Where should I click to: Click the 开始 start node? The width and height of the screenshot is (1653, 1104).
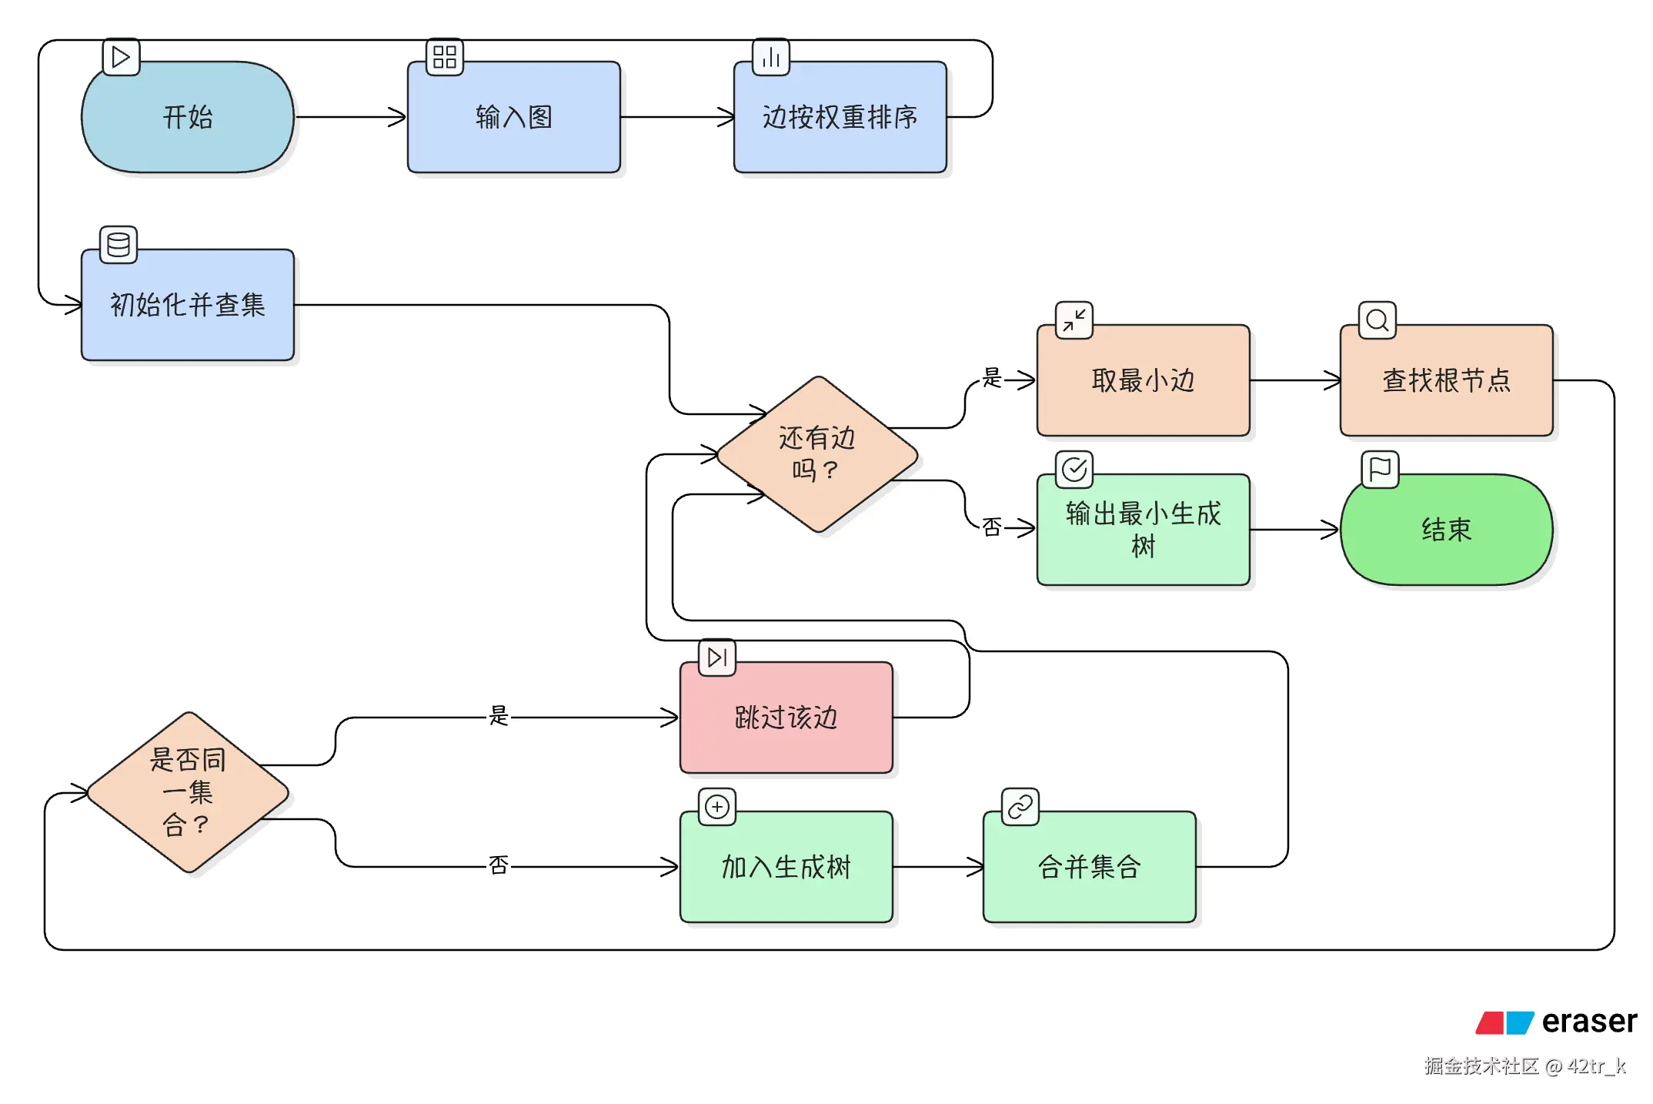click(x=187, y=117)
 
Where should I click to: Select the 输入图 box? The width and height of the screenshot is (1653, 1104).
click(x=513, y=117)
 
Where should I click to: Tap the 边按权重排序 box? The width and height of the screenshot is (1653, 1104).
click(x=840, y=117)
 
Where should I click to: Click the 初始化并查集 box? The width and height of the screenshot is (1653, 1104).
click(x=187, y=305)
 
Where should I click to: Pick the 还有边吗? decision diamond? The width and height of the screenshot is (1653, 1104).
click(x=816, y=454)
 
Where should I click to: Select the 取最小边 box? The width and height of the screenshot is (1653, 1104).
click(x=1143, y=380)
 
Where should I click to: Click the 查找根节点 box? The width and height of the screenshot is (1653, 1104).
click(x=1446, y=380)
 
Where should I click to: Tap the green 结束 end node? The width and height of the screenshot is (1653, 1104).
click(x=1446, y=530)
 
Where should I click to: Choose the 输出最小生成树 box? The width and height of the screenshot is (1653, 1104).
click(x=1143, y=530)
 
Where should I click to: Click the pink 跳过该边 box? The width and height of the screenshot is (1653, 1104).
click(x=786, y=718)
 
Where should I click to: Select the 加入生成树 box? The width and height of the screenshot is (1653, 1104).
click(x=786, y=867)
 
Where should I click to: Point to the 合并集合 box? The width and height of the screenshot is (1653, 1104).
click(x=1089, y=867)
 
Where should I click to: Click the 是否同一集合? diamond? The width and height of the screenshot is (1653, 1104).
click(x=187, y=792)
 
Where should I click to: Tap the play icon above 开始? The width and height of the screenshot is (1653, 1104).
click(x=121, y=57)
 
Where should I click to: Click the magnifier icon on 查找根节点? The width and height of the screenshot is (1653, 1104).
click(x=1377, y=320)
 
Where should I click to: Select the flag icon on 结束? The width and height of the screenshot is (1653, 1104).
click(x=1380, y=470)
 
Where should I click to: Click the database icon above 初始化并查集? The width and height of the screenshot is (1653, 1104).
click(x=119, y=245)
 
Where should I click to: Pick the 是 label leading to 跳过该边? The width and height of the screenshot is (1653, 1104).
click(x=499, y=716)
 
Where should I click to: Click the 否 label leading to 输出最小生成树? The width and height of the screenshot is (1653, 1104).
click(x=992, y=527)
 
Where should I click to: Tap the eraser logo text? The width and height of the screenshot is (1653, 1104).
click(x=1588, y=1022)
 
